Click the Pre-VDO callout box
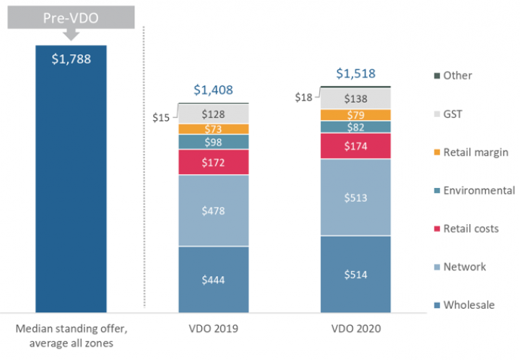click(x=71, y=17)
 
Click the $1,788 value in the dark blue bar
click(x=71, y=59)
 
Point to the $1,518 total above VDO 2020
click(x=356, y=74)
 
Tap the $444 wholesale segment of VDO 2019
click(x=214, y=280)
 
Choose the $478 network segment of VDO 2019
click(x=214, y=211)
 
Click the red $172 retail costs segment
click(x=214, y=163)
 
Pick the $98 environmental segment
click(x=214, y=142)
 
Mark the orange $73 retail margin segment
click(x=214, y=129)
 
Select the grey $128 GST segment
click(x=214, y=114)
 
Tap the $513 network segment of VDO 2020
click(x=355, y=197)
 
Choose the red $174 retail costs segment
click(x=355, y=147)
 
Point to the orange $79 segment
click(x=355, y=115)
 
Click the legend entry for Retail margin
click(x=475, y=153)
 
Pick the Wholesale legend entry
click(x=469, y=305)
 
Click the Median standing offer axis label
click(x=71, y=335)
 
